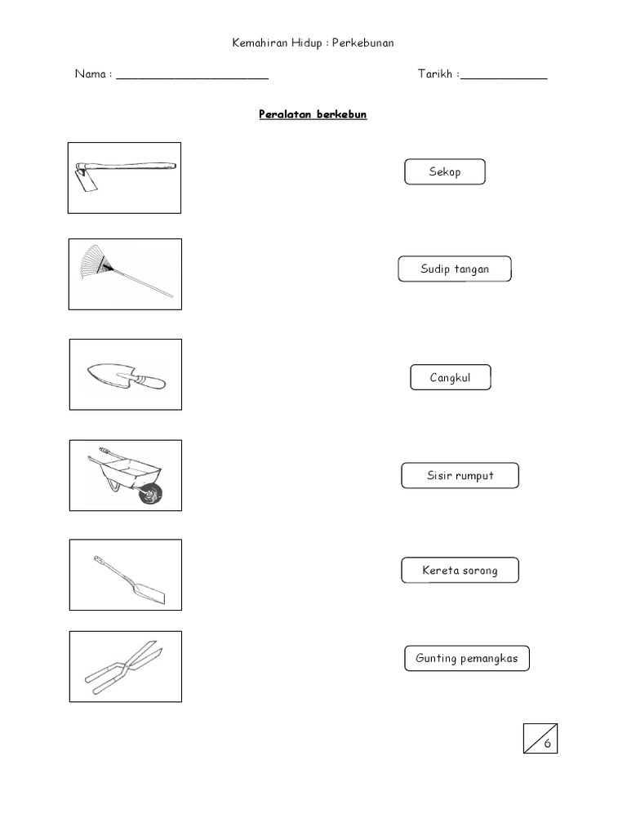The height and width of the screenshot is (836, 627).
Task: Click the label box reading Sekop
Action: click(445, 171)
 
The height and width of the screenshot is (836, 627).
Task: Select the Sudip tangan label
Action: click(455, 269)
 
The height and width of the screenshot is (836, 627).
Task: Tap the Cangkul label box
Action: click(451, 377)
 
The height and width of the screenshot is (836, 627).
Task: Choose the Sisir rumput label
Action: click(460, 476)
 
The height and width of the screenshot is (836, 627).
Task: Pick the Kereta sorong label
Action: click(460, 571)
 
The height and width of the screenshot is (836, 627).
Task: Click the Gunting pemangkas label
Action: click(467, 659)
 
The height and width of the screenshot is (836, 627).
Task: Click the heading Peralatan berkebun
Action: click(313, 114)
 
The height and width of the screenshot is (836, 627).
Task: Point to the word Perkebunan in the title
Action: click(363, 42)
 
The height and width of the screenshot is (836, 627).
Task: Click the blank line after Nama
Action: click(193, 78)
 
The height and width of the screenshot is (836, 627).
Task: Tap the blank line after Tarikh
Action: click(504, 78)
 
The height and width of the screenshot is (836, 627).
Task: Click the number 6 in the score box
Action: click(548, 743)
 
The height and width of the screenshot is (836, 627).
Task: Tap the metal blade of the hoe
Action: click(85, 180)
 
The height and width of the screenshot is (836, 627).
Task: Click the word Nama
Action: click(91, 73)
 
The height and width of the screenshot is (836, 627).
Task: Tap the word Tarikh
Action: click(435, 73)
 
